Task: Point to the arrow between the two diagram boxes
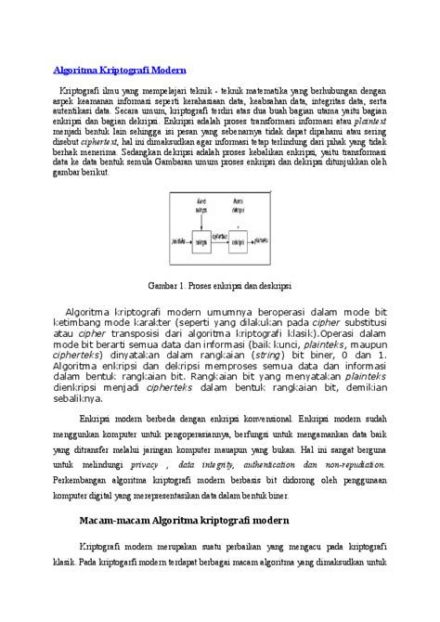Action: click(x=220, y=240)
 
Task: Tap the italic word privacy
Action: click(x=144, y=461)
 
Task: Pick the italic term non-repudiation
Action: click(x=352, y=461)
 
